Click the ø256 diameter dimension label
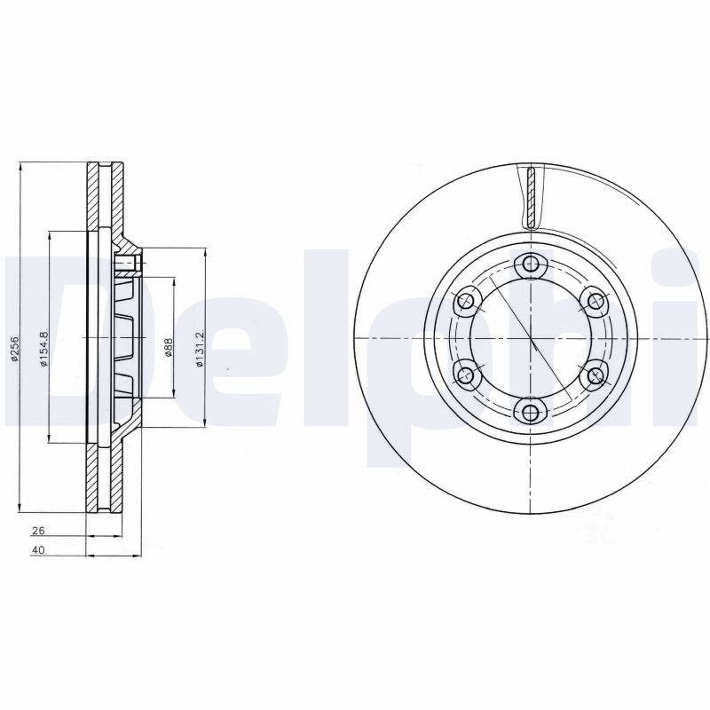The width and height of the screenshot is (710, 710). point(14,349)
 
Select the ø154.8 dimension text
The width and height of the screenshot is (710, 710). point(43,348)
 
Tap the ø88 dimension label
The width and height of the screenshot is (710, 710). point(168,348)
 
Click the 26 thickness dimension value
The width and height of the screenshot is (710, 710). point(38,530)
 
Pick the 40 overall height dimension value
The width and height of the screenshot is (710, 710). point(38,550)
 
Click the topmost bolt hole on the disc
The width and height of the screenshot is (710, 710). point(530,263)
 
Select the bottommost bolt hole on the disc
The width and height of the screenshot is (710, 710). point(530,413)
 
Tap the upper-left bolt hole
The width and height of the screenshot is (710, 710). point(465,301)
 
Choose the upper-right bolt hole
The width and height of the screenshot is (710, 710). point(595,301)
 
